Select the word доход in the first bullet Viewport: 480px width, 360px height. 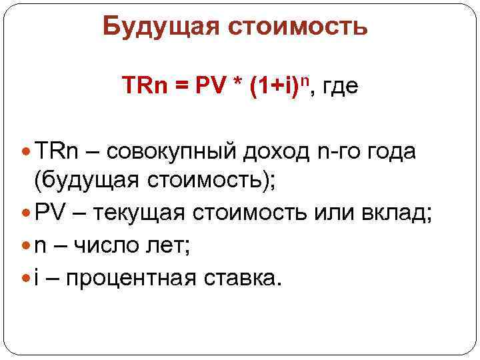[x=275, y=152]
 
